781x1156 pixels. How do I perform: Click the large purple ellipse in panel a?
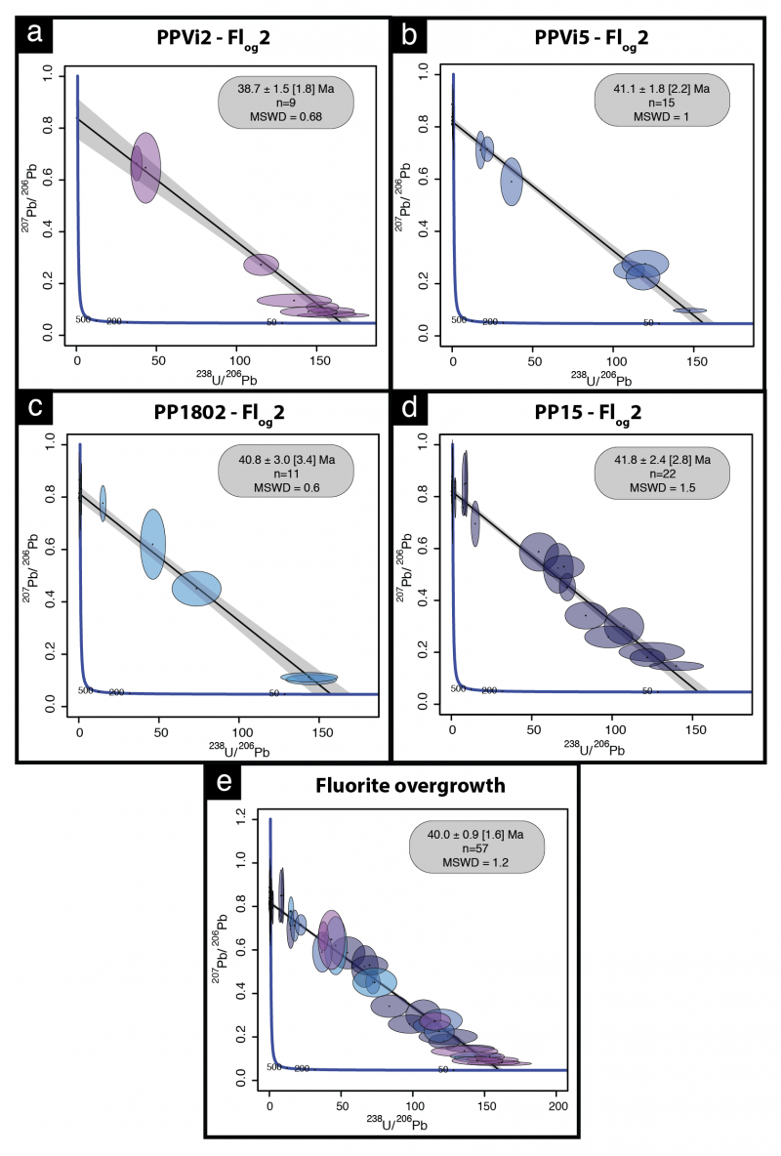click(145, 167)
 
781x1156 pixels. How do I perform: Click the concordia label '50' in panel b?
click(647, 322)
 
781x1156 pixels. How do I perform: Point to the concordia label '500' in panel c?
click(85, 690)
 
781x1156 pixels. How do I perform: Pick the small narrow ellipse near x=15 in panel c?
click(103, 504)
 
